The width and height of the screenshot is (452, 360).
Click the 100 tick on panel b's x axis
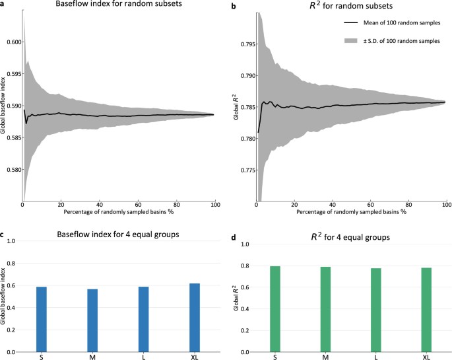pyautogui.click(x=446, y=205)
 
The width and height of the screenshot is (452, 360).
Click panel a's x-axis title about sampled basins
pyautogui.click(x=116, y=213)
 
